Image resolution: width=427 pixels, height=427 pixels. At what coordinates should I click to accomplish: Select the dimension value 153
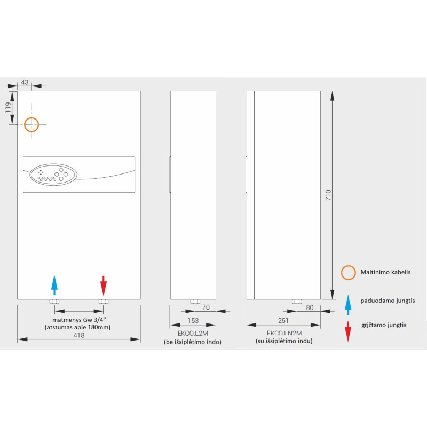pyautogui.click(x=193, y=320)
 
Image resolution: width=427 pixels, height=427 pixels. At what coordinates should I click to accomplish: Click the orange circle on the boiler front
pyautogui.click(x=31, y=125)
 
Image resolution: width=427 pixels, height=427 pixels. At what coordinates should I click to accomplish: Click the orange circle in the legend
pyautogui.click(x=349, y=273)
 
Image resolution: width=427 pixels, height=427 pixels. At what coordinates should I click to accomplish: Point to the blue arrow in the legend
pyautogui.click(x=349, y=304)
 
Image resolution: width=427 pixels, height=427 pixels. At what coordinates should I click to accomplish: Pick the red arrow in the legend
pyautogui.click(x=349, y=331)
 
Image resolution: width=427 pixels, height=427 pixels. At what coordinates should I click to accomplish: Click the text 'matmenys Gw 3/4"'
pyautogui.click(x=78, y=320)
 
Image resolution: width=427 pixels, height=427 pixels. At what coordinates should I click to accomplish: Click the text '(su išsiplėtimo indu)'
pyautogui.click(x=283, y=341)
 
